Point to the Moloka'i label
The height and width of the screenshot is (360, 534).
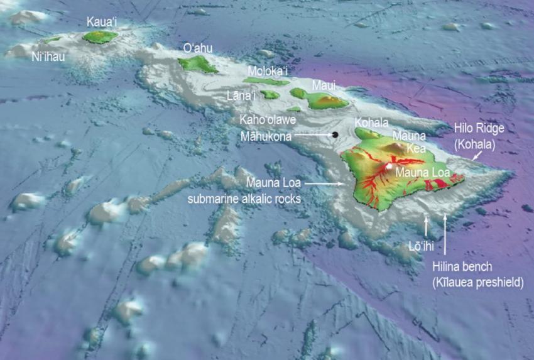pos(267,70)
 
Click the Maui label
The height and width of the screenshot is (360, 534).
pos(325,85)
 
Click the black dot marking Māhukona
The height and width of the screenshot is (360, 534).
pos(335,134)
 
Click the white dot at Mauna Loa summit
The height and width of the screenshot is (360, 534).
pos(390,167)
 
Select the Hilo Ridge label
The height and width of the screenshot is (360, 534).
pos(479,129)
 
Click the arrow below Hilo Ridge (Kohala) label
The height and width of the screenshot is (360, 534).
pos(477,155)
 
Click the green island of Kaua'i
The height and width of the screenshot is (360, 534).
pos(101,37)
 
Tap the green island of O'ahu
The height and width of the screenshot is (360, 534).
pos(197,63)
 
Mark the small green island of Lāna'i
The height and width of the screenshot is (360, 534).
pos(271,94)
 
